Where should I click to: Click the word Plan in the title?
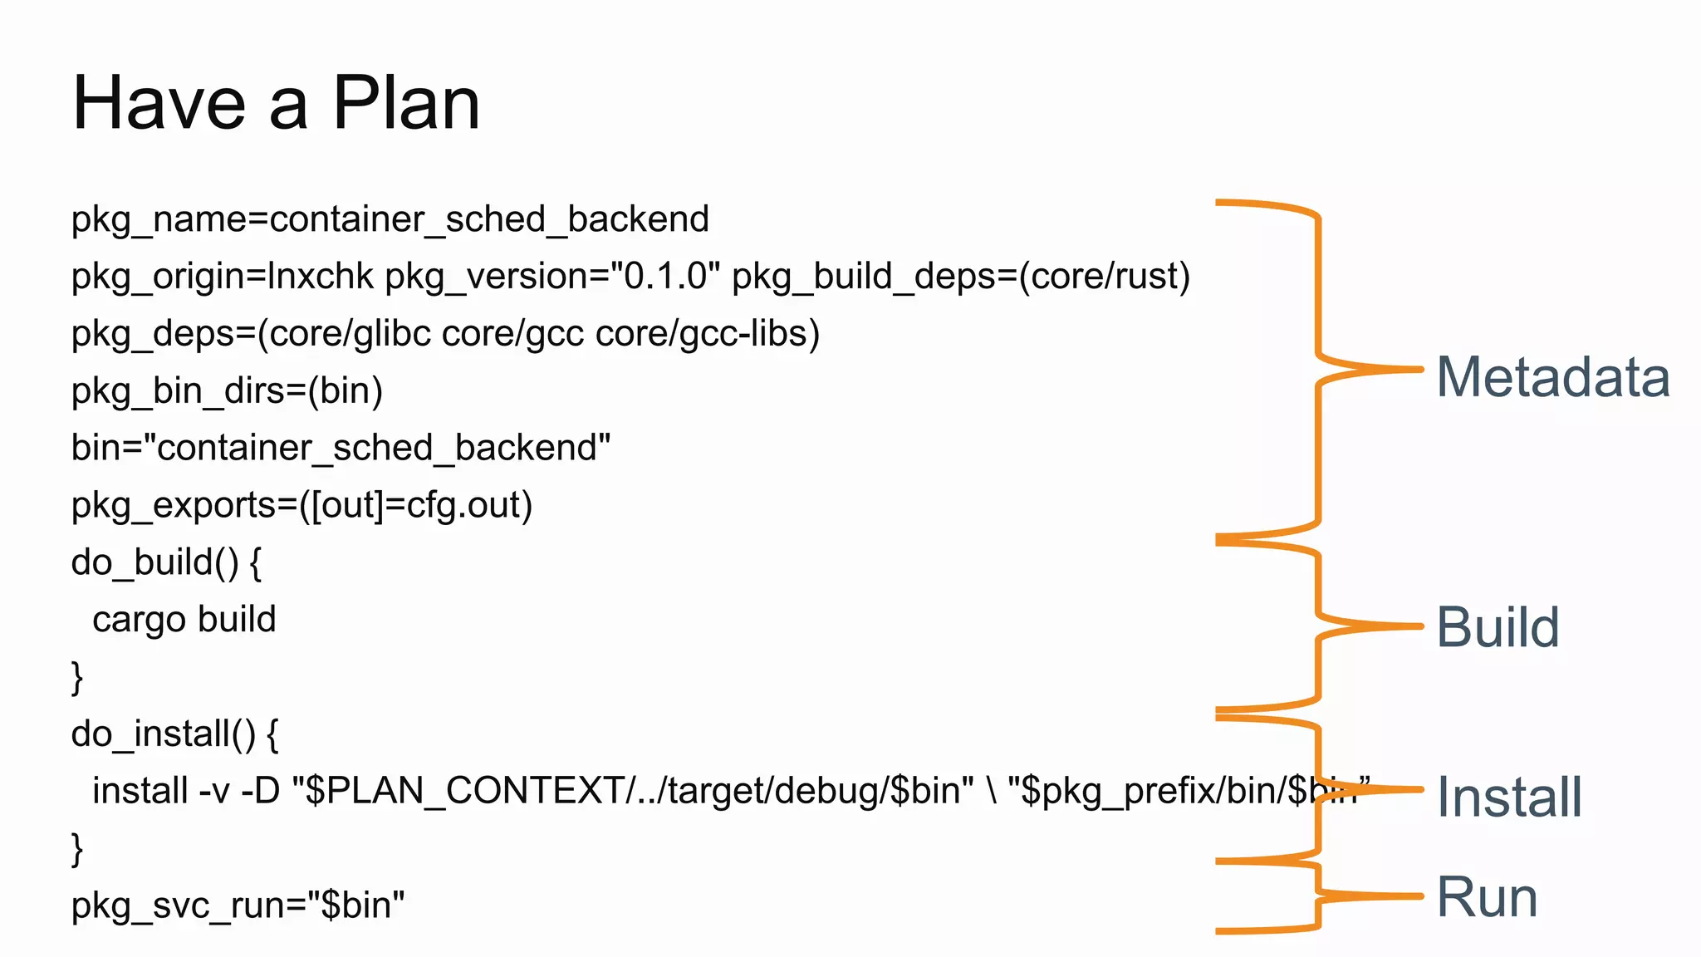[406, 103]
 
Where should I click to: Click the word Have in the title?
[159, 103]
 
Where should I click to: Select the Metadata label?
[1552, 377]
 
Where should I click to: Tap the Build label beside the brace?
[1498, 627]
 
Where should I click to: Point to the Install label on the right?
[1509, 797]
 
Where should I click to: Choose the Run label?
[1487, 898]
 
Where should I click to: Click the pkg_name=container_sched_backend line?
[390, 219]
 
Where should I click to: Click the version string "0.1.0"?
[664, 277]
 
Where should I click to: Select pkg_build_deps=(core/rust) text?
[961, 277]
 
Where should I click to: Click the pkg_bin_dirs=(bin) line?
[227, 391]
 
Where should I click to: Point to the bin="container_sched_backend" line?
[341, 448]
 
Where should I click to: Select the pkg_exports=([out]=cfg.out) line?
[301, 505]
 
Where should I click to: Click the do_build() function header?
[166, 562]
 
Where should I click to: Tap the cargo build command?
[184, 620]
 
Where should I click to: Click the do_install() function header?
[174, 734]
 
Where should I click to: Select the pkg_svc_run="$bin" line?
[238, 905]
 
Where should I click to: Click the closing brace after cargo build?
[77, 677]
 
